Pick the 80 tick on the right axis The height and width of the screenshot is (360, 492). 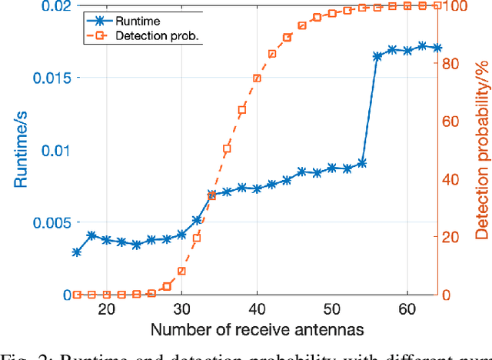coord(457,64)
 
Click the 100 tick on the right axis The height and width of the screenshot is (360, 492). coord(460,7)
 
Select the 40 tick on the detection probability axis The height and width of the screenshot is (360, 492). coord(457,179)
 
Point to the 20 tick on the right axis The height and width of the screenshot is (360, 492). coord(457,237)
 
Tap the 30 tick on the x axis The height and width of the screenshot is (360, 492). coord(181,310)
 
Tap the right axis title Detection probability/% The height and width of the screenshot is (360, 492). coord(481,150)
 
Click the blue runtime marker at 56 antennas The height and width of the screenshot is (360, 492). coord(377,56)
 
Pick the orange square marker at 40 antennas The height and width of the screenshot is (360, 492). coord(257,78)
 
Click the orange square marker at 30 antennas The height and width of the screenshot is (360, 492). coord(181,271)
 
